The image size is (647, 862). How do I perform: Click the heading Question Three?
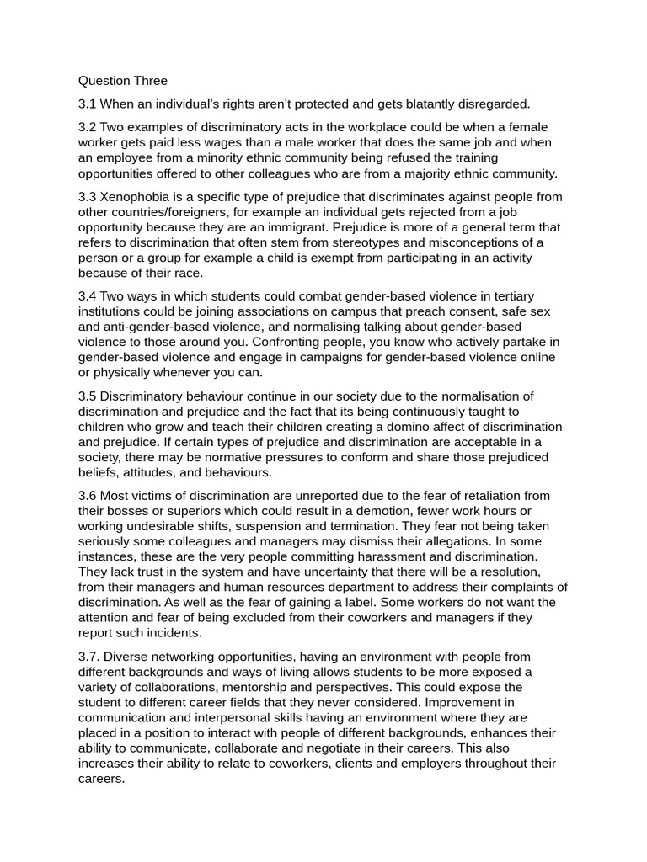click(123, 82)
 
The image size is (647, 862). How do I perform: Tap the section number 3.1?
click(88, 104)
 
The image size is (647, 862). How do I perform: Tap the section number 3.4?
click(88, 296)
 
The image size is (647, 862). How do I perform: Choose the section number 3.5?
click(88, 396)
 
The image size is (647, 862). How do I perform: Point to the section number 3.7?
click(89, 657)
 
